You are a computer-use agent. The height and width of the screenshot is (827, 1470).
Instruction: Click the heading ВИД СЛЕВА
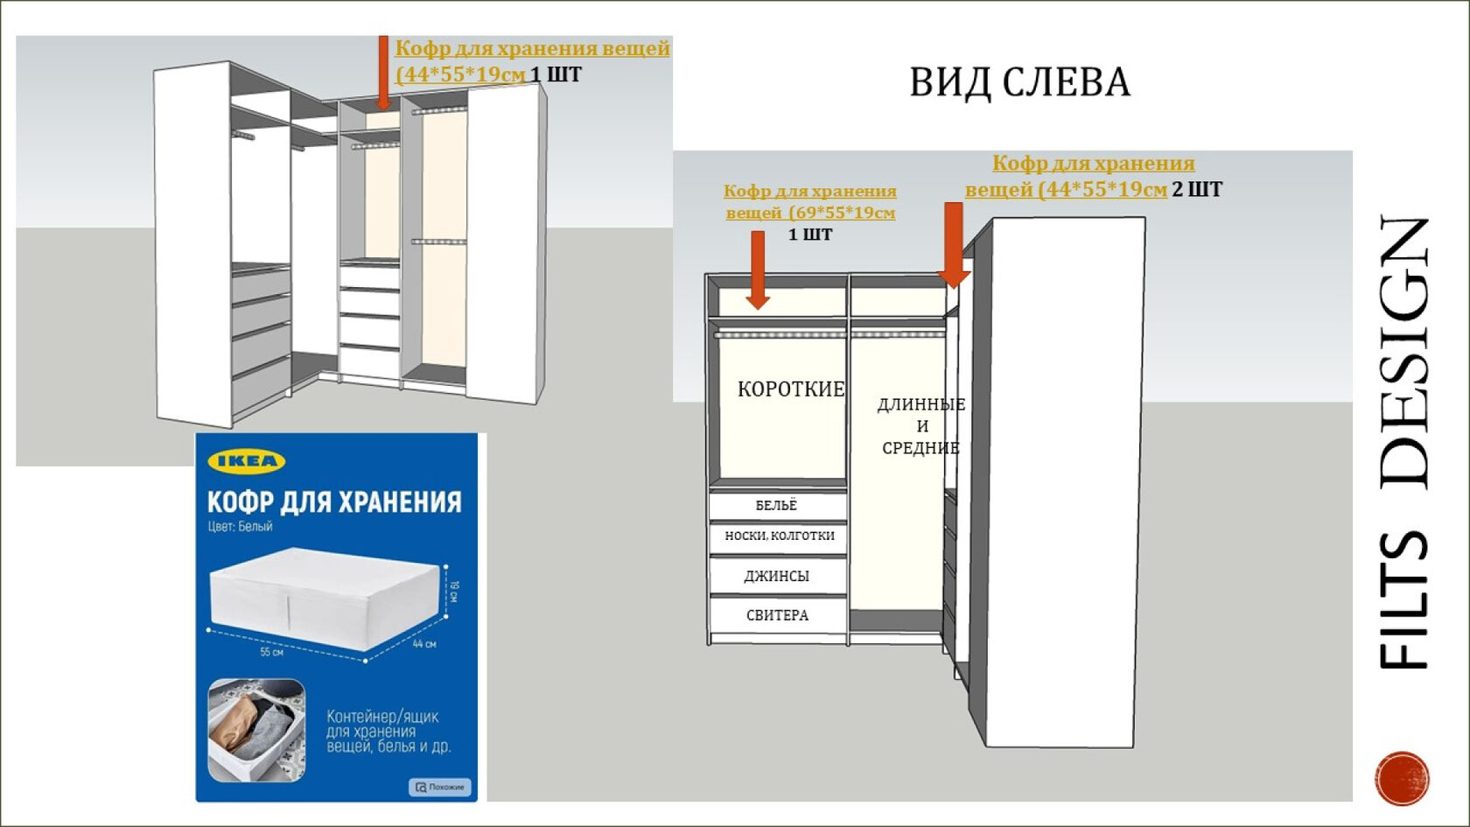(x=1019, y=82)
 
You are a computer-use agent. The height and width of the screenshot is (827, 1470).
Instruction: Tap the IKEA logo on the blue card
(x=246, y=461)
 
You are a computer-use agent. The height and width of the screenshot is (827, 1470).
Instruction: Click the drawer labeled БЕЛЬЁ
(x=777, y=505)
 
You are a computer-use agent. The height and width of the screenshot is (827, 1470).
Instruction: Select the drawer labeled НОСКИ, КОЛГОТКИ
(x=779, y=536)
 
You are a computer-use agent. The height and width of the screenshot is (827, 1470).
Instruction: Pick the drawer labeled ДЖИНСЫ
(x=777, y=576)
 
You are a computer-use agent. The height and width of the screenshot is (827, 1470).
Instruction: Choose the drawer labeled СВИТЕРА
(x=777, y=615)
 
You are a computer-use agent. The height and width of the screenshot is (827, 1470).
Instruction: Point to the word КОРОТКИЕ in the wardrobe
(x=791, y=389)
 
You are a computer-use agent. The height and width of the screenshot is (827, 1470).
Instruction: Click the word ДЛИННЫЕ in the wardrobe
(x=920, y=404)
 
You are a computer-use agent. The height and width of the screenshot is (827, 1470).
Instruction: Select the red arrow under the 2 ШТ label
(x=954, y=245)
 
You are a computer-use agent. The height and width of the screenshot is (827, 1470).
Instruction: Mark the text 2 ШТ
(x=1196, y=189)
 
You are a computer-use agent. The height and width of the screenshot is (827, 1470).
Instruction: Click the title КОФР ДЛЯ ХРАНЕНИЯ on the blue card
(x=333, y=501)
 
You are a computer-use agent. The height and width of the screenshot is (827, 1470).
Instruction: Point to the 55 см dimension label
(x=271, y=652)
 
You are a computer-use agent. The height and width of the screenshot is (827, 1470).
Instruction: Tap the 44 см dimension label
(x=424, y=644)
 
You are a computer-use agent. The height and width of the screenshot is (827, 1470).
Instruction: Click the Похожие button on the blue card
(x=439, y=787)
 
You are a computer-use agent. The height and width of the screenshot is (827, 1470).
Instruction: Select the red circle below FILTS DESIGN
(x=1402, y=777)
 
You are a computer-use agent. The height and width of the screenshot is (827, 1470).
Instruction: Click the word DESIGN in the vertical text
(x=1404, y=350)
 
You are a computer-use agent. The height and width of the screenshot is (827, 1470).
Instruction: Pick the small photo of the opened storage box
(x=256, y=730)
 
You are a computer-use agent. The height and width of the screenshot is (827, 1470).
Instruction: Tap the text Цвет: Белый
(x=240, y=527)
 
